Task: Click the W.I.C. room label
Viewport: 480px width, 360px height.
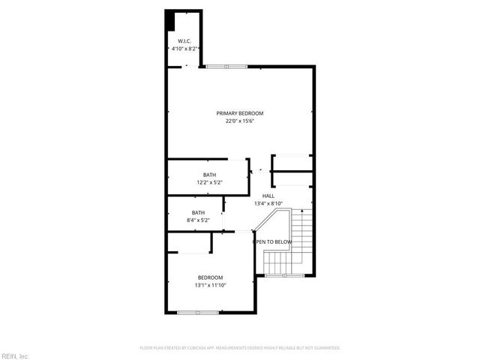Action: click(184, 40)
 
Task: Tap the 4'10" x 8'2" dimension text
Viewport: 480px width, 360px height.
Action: click(184, 49)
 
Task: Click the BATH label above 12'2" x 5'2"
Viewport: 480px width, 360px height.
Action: click(209, 175)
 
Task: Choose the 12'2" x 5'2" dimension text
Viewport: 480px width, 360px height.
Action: click(209, 183)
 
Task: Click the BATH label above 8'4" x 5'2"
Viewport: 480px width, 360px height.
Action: click(198, 212)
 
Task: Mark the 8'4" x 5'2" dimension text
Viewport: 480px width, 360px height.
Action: click(198, 220)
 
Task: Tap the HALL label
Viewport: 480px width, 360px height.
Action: click(268, 196)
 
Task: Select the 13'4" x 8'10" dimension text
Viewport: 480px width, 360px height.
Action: click(268, 203)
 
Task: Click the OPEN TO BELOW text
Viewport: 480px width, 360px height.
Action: click(271, 241)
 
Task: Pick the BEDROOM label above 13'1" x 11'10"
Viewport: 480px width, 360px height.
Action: click(210, 277)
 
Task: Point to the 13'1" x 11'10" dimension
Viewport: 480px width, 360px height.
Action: click(210, 286)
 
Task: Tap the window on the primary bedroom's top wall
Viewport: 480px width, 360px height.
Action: click(226, 67)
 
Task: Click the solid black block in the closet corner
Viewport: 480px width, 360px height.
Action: click(170, 20)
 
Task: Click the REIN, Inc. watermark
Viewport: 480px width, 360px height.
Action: click(14, 355)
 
